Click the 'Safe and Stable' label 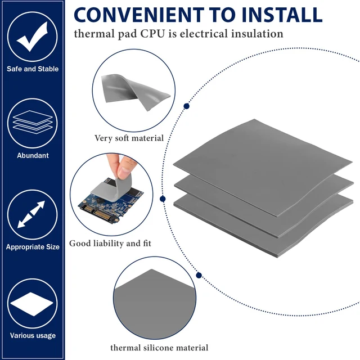point(33,69)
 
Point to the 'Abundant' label point(33,156)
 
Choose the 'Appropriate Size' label point(33,247)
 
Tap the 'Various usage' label point(33,336)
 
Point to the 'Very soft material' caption point(129,138)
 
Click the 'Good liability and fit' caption point(110,244)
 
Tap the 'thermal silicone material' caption point(159,348)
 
